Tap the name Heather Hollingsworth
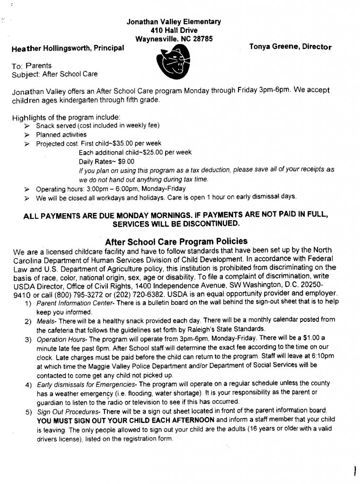click(47, 48)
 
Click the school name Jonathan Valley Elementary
click(174, 22)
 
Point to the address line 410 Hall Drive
click(174, 30)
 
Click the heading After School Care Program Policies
click(176, 241)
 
